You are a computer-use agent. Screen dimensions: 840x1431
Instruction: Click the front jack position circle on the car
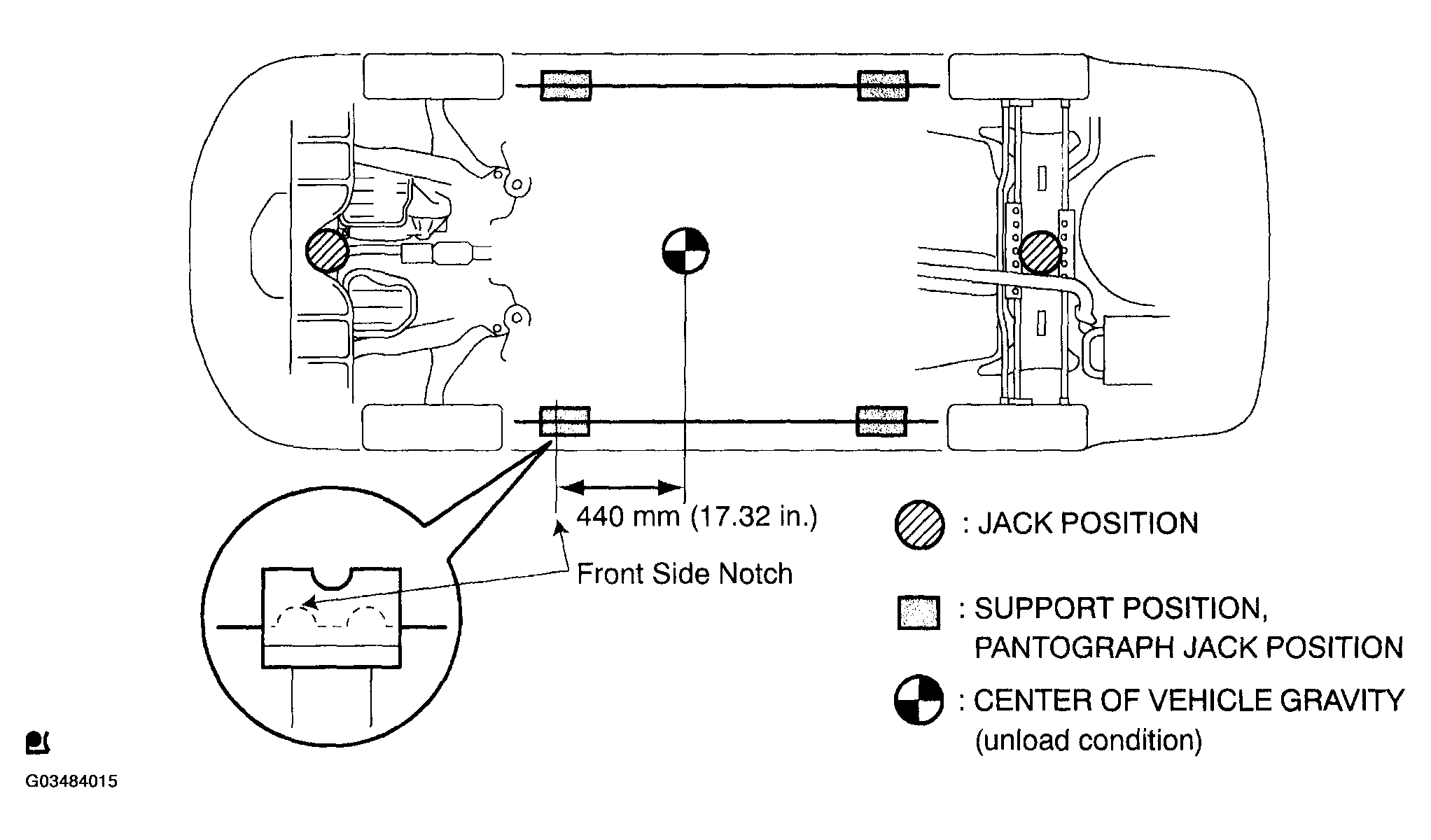327,251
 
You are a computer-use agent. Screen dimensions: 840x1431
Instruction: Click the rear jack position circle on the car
1040,253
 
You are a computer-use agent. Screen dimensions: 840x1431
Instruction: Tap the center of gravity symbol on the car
685,251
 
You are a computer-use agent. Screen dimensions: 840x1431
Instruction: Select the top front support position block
565,85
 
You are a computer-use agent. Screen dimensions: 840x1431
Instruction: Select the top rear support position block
883,85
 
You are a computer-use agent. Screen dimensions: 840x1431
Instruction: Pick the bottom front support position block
564,421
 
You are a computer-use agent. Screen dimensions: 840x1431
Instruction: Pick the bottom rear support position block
882,421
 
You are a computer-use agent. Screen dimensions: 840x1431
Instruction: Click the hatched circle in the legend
919,524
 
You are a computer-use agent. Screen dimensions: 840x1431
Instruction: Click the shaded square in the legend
918,613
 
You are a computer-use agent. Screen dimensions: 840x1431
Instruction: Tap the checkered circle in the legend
919,700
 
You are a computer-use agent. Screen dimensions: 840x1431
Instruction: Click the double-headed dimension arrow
622,486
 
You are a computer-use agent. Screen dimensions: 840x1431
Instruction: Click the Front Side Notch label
684,575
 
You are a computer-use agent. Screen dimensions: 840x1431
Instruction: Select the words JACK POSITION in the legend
1088,524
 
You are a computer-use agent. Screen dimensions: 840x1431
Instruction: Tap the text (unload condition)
1088,740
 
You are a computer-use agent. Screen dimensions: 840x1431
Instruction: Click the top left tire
433,76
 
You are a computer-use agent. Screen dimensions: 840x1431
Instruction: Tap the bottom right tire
1017,427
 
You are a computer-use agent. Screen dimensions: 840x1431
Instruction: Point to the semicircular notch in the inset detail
331,577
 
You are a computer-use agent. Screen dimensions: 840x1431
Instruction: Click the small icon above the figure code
36,743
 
